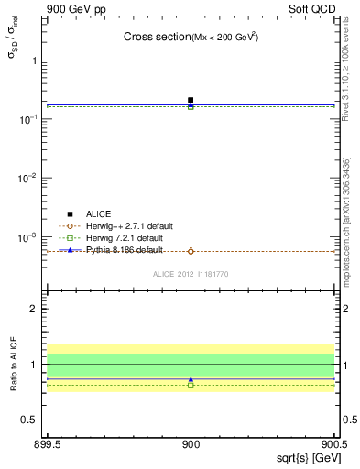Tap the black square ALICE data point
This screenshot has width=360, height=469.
tap(191, 100)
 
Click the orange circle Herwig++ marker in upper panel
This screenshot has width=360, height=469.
tap(191, 251)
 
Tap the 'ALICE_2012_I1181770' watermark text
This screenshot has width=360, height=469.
tap(191, 273)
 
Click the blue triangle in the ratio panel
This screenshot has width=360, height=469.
tap(191, 379)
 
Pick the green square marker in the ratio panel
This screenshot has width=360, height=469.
tap(191, 386)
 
